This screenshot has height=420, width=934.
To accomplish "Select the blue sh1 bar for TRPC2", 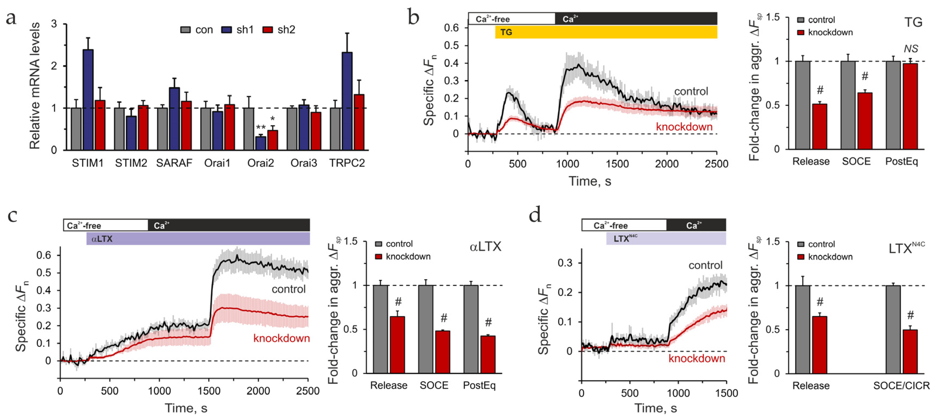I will pyautogui.click(x=347, y=101).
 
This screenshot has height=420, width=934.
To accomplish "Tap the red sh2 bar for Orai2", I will pyautogui.click(x=272, y=140).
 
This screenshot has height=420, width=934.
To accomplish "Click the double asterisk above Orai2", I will pyautogui.click(x=261, y=128).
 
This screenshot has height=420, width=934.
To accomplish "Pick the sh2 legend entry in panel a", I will pyautogui.click(x=279, y=30).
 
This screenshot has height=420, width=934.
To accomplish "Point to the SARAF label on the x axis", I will pyautogui.click(x=174, y=163).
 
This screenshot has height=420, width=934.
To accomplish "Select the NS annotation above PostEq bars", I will pyautogui.click(x=911, y=49).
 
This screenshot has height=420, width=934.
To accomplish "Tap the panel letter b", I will pyautogui.click(x=413, y=17).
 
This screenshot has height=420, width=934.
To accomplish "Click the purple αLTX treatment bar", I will pyautogui.click(x=198, y=239).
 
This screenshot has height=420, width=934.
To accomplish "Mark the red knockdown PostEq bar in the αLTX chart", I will pyautogui.click(x=488, y=354).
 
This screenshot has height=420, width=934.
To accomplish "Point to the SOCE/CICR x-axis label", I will pyautogui.click(x=901, y=385).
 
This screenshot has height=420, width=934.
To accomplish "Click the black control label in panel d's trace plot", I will pyautogui.click(x=705, y=265).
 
